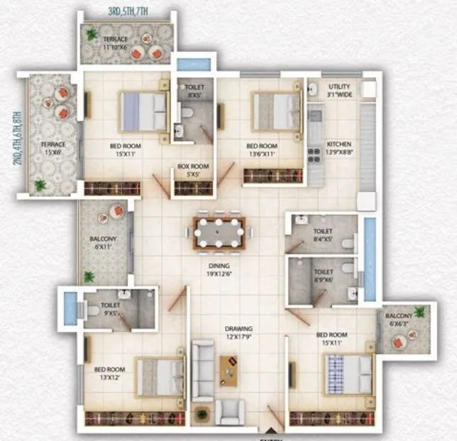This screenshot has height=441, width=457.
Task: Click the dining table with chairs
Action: tap(219, 233)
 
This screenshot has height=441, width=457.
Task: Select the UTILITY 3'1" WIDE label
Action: tap(339, 90)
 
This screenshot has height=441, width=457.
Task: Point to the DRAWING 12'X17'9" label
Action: tap(239, 333)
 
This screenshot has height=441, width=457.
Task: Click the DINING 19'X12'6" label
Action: tap(219, 270)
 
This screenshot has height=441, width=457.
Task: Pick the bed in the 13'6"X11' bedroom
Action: tap(275, 111)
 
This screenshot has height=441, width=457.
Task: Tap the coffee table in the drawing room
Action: tap(229, 367)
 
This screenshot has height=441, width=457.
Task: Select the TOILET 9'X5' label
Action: tap(111, 308)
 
